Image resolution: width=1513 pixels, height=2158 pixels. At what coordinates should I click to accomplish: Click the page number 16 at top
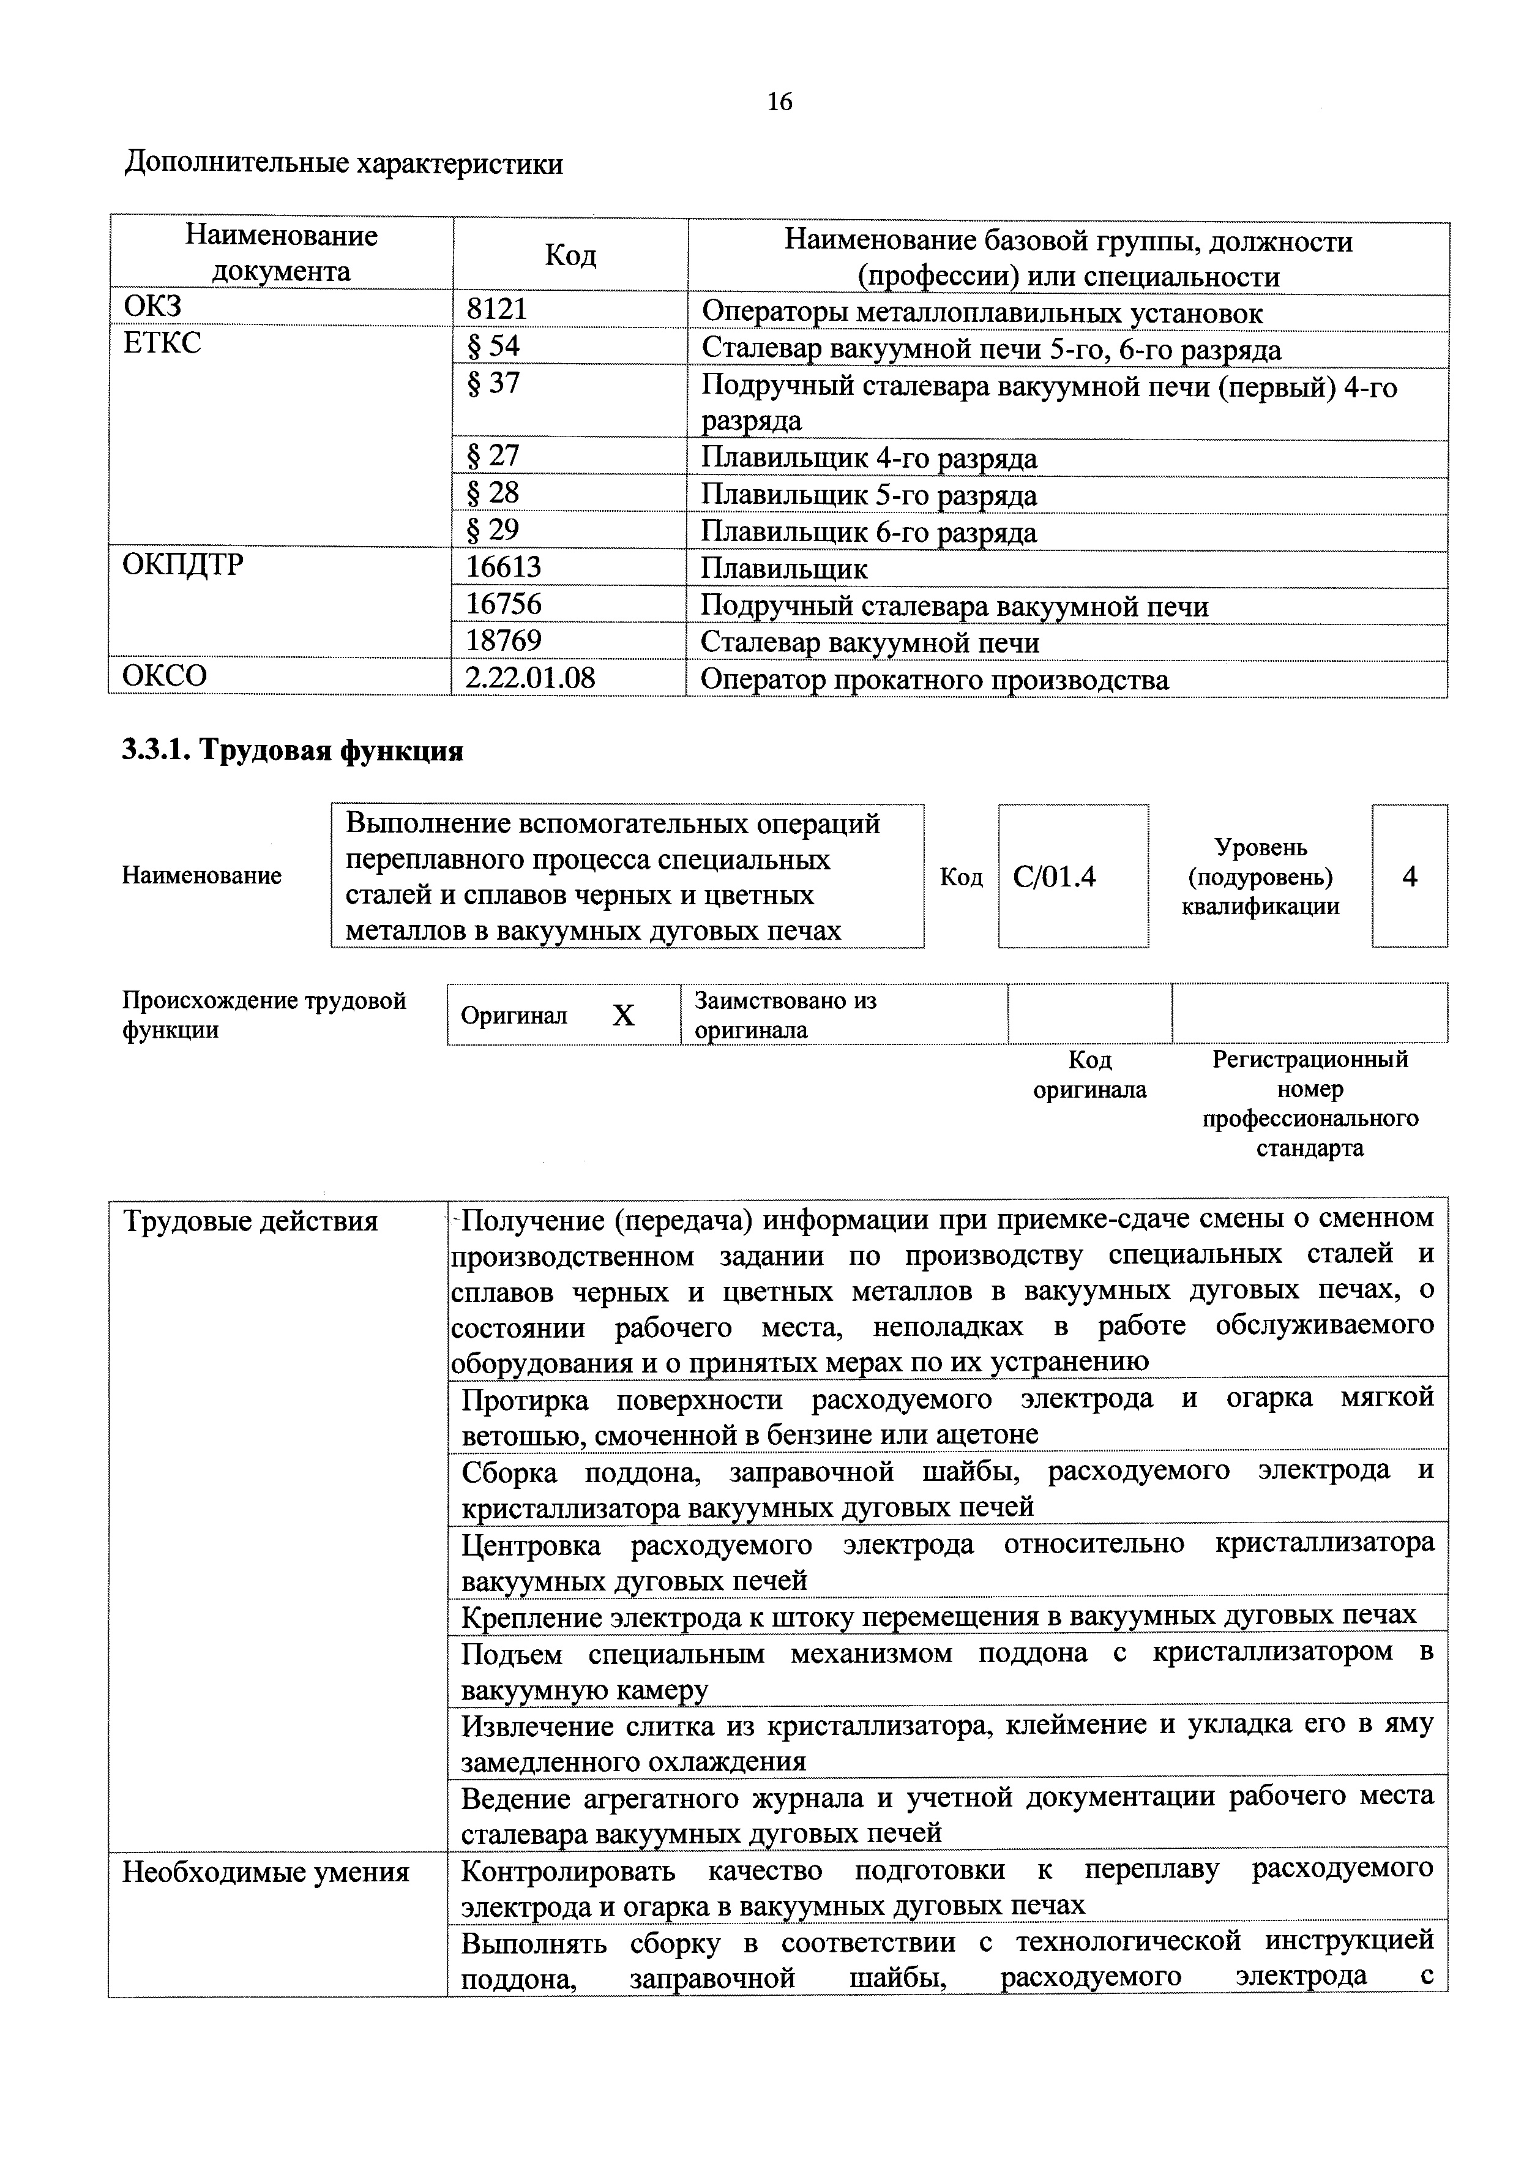779,102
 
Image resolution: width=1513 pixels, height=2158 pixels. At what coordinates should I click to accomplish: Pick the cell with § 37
493,383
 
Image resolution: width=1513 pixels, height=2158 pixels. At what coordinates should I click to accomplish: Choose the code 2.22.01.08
530,678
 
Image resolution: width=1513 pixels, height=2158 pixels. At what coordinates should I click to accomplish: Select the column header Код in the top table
570,255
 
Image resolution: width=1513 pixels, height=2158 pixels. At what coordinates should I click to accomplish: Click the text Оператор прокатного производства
934,680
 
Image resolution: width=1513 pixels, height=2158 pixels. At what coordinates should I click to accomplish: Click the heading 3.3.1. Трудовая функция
293,751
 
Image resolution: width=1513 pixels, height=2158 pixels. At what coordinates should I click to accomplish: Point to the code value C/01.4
1055,877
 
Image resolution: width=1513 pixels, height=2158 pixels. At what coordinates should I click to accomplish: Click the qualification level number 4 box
1409,877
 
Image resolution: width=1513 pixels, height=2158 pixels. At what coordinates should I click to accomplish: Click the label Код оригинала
1089,1074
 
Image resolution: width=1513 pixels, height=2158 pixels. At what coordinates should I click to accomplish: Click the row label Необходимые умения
266,1872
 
